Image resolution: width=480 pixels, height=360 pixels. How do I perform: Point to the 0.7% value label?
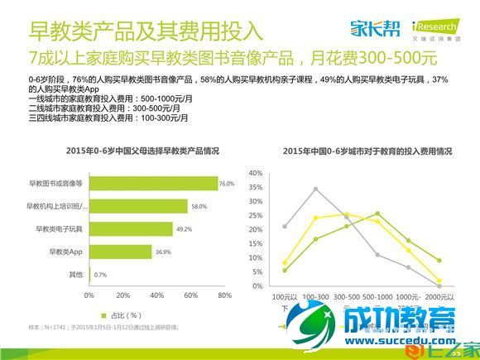(101, 274)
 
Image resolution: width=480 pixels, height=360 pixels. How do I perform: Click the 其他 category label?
(76, 273)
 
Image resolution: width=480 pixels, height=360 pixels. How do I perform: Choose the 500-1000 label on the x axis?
(377, 295)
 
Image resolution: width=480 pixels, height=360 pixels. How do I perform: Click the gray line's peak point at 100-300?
(315, 189)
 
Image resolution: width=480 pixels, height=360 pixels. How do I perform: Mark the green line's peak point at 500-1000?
(377, 214)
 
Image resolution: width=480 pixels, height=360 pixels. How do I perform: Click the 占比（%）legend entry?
(119, 315)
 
